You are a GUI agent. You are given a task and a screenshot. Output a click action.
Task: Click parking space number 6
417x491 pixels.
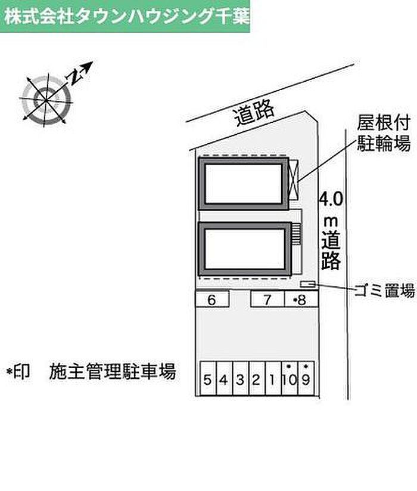211,300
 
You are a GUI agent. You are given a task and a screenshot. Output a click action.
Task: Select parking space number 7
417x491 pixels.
267,300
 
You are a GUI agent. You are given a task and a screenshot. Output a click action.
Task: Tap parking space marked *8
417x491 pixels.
300,300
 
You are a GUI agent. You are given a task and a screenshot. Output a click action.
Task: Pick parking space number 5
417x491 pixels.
207,378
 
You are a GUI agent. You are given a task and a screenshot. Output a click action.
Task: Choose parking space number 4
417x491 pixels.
223,378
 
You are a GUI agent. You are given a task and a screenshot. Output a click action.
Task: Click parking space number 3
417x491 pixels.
239,378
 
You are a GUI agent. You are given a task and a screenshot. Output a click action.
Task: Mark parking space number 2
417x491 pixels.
256,378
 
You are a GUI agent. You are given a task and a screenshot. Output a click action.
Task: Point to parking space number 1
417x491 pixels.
272,378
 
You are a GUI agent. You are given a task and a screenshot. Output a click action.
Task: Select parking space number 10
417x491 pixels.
289,378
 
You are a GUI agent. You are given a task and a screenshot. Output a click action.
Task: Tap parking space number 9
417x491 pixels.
306,378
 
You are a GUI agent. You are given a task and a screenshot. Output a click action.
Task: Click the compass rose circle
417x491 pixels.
46,97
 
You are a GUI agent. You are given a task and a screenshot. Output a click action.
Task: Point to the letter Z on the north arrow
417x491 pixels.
74,75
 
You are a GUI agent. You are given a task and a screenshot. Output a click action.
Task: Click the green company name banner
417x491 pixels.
125,16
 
